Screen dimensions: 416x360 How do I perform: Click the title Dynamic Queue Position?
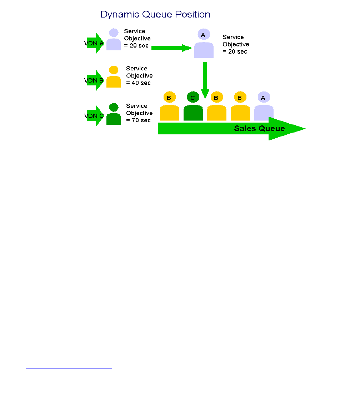click(x=155, y=15)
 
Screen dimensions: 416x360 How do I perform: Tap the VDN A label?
click(x=94, y=44)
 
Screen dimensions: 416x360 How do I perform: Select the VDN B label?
click(x=94, y=81)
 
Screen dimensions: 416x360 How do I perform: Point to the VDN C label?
click(x=94, y=116)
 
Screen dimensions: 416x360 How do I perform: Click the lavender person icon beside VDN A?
click(x=114, y=40)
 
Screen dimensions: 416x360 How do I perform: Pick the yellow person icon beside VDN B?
click(x=114, y=77)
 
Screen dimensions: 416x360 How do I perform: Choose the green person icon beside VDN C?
click(x=114, y=114)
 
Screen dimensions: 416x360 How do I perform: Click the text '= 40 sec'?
click(x=139, y=83)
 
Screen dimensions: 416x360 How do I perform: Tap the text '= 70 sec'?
click(x=139, y=120)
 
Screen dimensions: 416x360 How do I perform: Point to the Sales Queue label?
click(x=259, y=129)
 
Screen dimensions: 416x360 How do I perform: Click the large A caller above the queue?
click(x=204, y=44)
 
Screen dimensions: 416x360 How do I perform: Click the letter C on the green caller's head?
click(x=193, y=98)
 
